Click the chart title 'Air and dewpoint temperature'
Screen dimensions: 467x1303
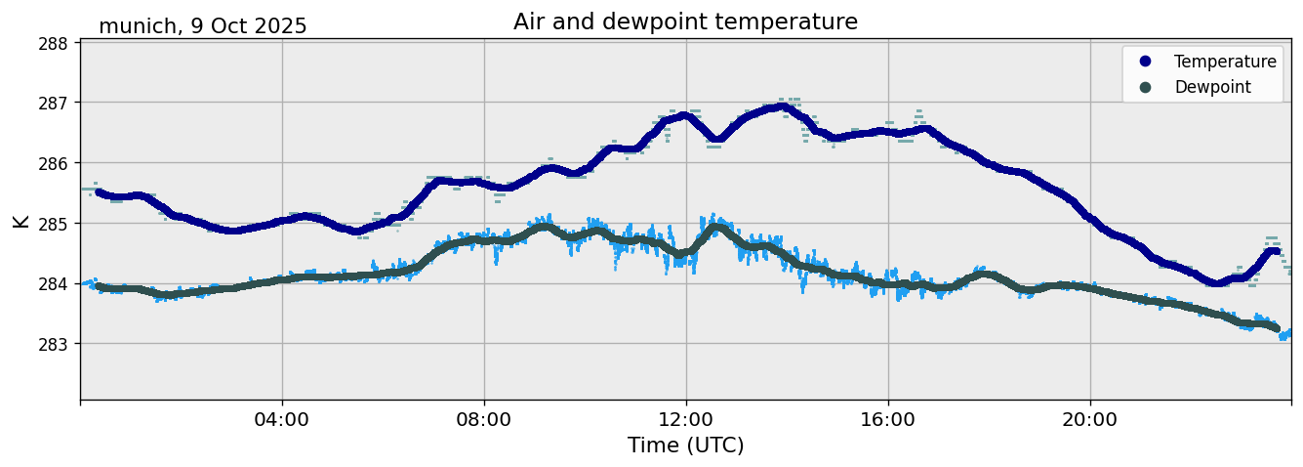tap(685, 21)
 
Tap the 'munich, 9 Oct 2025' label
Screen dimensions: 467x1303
tap(203, 26)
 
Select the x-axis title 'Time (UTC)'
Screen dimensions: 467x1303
tap(685, 446)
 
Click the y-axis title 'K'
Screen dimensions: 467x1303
tap(20, 221)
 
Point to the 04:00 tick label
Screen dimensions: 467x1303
tap(282, 420)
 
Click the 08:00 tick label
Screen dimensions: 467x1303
tap(484, 420)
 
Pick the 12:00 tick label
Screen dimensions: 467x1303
tap(686, 420)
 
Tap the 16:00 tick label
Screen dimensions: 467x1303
tap(888, 420)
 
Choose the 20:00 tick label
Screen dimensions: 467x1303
tap(1090, 420)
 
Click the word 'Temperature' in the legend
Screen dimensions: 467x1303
tap(1225, 62)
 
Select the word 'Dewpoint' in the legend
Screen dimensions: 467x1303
tap(1212, 87)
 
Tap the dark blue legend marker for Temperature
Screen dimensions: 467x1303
tap(1146, 62)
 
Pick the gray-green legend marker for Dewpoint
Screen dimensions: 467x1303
tap(1146, 87)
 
